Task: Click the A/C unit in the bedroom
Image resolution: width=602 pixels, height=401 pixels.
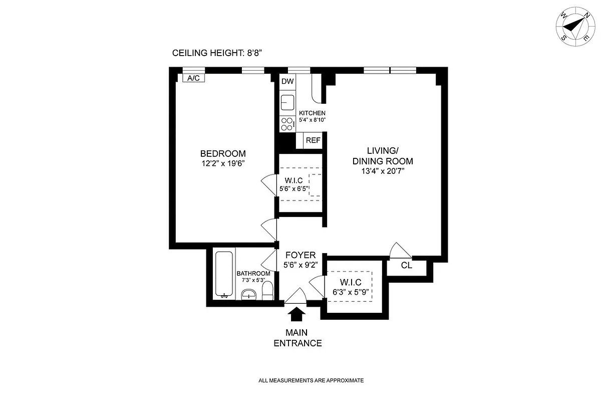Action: tap(193, 78)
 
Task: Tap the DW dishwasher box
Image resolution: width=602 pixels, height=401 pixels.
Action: tap(287, 81)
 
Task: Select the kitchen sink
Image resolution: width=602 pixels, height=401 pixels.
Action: tap(287, 102)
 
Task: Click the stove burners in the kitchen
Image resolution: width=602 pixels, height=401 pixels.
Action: tap(287, 124)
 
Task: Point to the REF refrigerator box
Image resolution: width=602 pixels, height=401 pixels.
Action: tap(313, 140)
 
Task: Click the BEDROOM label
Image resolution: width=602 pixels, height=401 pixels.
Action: tap(223, 153)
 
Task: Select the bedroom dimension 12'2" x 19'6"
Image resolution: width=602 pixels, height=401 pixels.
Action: tap(223, 163)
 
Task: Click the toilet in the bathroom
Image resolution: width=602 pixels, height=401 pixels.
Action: tap(267, 291)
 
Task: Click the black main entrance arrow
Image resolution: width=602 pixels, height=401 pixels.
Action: tap(297, 314)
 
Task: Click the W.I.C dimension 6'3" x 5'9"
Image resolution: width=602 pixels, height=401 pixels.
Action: tap(351, 292)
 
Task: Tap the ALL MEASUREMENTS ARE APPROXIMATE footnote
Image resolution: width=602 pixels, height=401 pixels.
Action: tap(311, 380)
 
